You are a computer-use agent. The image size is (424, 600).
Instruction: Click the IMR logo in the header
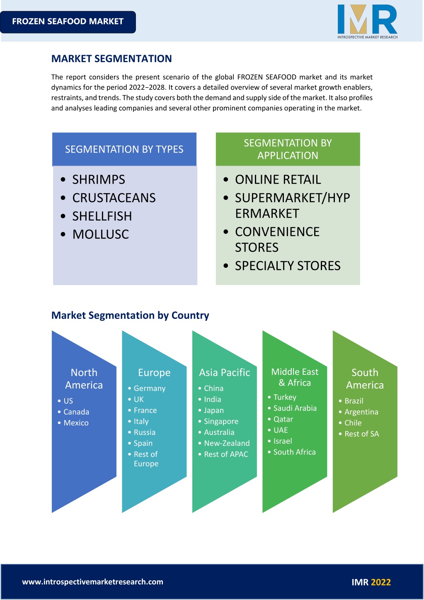(367, 22)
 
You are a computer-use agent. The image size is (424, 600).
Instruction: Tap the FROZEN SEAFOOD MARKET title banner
(68, 22)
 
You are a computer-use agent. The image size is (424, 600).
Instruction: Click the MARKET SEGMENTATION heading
(111, 58)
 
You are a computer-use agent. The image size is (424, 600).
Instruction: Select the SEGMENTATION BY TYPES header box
(124, 149)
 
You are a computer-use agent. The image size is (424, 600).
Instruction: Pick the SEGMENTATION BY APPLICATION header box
(288, 149)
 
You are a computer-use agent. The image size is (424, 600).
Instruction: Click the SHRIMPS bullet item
(99, 180)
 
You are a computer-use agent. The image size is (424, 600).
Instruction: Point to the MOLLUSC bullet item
(101, 234)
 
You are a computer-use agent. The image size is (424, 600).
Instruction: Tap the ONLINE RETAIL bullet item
(278, 180)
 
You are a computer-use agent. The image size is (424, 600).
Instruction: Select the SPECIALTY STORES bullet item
(288, 266)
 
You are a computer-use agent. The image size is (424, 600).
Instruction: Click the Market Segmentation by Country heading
(130, 316)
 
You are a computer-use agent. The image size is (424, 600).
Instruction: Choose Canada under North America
(76, 412)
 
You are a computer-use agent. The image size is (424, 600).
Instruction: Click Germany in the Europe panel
(150, 389)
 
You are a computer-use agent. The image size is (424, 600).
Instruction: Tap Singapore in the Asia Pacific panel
(221, 421)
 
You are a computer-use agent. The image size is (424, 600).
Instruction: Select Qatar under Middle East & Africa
(283, 419)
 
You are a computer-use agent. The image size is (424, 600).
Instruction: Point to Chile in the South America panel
(353, 423)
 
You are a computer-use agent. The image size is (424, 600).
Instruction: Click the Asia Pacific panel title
(225, 373)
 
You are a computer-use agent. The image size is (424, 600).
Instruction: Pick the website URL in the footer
(92, 581)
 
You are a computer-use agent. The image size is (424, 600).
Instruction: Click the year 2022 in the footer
(381, 582)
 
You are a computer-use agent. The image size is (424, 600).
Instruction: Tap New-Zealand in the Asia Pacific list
(227, 443)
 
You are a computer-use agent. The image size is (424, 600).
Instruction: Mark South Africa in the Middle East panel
(294, 452)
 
